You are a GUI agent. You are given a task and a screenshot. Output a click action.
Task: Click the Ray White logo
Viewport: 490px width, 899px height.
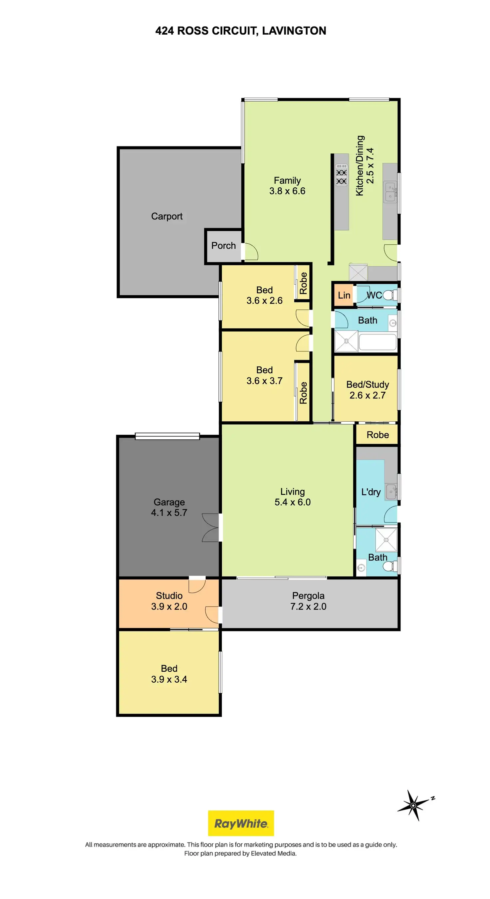(241, 823)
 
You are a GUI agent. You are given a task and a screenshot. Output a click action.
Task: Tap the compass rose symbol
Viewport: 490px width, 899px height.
(413, 805)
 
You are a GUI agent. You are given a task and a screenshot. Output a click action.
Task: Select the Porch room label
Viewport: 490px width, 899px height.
(223, 246)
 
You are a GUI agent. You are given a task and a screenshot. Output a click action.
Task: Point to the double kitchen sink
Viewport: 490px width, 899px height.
(390, 192)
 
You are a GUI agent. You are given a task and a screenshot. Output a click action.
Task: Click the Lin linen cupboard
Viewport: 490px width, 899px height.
(344, 295)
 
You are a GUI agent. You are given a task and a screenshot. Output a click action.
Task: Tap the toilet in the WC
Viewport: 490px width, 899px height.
(389, 295)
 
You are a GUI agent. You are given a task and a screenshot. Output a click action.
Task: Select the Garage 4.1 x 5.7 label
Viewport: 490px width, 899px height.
(169, 507)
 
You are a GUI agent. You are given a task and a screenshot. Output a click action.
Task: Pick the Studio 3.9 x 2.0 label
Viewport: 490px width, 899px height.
(169, 601)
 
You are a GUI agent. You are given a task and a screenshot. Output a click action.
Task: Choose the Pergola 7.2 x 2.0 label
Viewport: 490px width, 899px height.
(308, 601)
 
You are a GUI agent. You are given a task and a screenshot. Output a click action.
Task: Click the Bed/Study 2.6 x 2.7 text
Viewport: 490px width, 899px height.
(367, 390)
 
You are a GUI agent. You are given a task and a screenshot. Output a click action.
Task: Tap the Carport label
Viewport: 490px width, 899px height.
(167, 216)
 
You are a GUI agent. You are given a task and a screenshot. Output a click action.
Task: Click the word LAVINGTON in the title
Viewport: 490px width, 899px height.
(294, 31)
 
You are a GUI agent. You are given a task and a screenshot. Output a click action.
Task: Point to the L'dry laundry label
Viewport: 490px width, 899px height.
(370, 492)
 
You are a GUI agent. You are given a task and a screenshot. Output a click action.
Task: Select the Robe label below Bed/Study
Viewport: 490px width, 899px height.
(377, 435)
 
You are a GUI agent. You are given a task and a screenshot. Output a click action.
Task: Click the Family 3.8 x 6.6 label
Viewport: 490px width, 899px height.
(287, 186)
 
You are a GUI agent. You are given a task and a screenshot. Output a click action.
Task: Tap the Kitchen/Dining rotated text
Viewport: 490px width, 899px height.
(365, 166)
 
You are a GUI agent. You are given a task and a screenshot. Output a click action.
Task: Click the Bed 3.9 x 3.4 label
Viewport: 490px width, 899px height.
(169, 674)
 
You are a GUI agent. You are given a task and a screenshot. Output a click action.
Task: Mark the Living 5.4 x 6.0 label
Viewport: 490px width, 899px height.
(293, 497)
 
